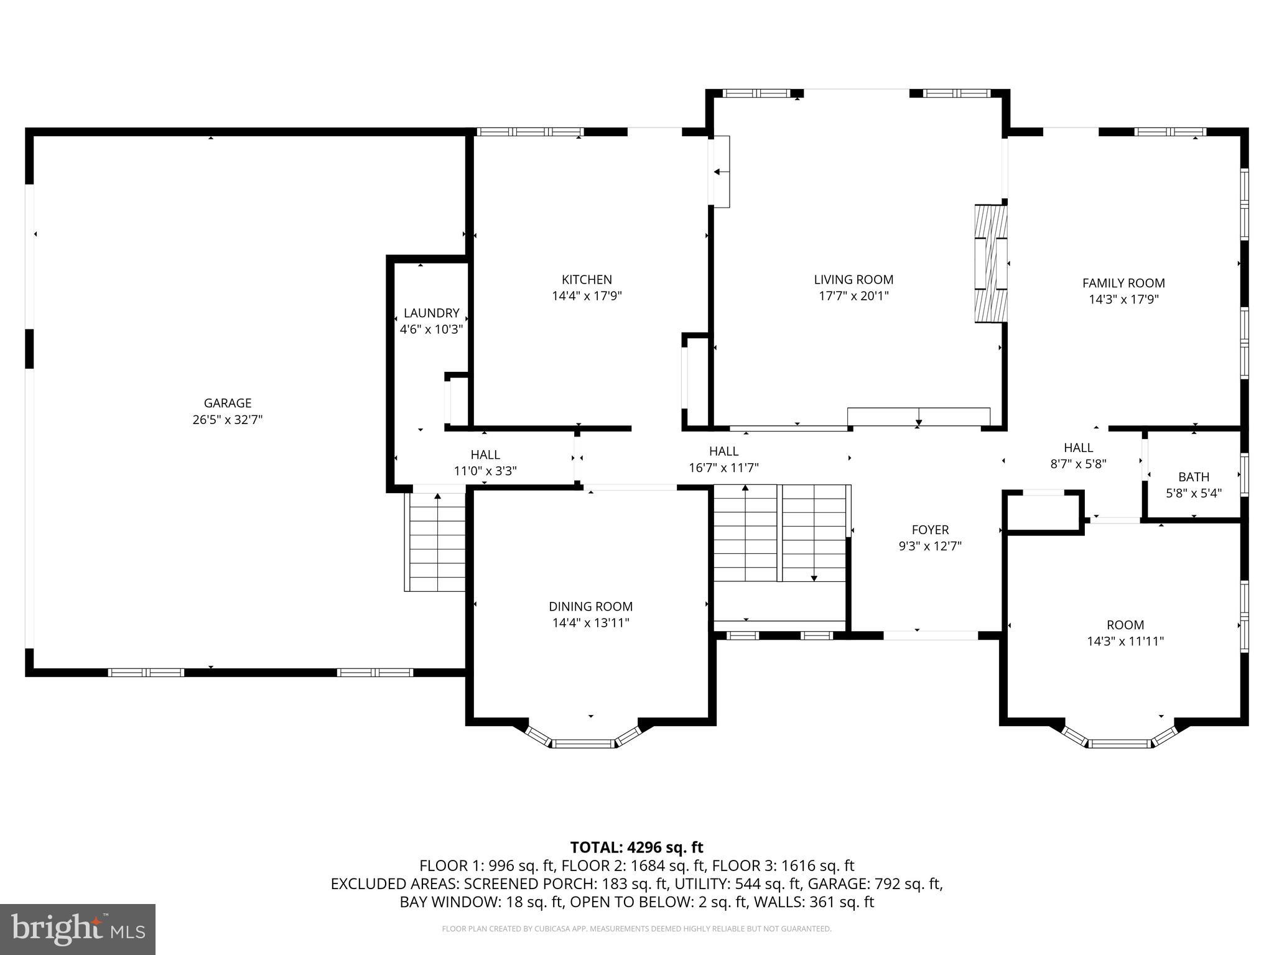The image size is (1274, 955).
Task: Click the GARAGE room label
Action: coord(227,403)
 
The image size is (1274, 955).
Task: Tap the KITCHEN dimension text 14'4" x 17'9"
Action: coord(587,296)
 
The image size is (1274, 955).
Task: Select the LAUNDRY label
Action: coord(431,313)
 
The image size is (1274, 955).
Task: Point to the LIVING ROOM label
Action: coord(853,280)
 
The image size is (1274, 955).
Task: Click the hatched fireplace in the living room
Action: coord(990,264)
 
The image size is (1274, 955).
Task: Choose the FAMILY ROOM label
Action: coord(1123,283)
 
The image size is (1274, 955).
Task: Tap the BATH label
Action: coord(1193,477)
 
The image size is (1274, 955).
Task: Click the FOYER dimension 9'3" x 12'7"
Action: coord(930,546)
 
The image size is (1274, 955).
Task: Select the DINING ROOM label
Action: coord(590,606)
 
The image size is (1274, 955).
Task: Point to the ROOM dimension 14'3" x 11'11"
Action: coord(1125,641)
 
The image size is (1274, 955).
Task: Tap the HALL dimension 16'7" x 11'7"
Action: coord(723,468)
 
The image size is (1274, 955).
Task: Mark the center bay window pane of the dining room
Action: coord(584,743)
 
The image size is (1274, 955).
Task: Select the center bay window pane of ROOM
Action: coord(1119,743)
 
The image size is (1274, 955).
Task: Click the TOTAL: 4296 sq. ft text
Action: coord(636,847)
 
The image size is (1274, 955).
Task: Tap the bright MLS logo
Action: coord(78,929)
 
